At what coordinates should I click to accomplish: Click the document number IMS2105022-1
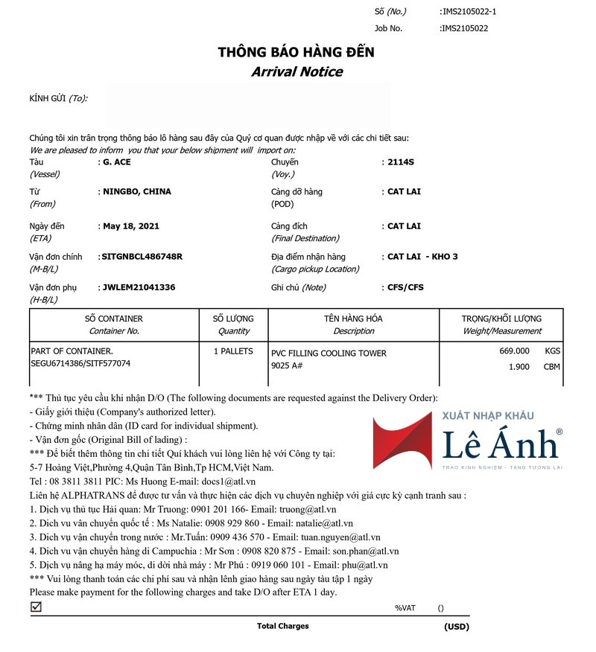[469, 11]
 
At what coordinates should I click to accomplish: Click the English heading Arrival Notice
[297, 71]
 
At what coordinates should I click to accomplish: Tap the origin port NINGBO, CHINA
[136, 191]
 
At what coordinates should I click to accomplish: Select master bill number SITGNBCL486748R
[141, 256]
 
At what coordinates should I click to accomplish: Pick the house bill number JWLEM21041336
[138, 287]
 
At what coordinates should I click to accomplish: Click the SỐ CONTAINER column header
[113, 319]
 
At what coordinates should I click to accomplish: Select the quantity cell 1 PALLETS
[233, 351]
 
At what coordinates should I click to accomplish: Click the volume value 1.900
[519, 366]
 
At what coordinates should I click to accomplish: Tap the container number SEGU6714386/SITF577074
[80, 363]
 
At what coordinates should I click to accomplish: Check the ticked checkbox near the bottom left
[36, 607]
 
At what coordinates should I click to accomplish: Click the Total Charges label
[282, 626]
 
